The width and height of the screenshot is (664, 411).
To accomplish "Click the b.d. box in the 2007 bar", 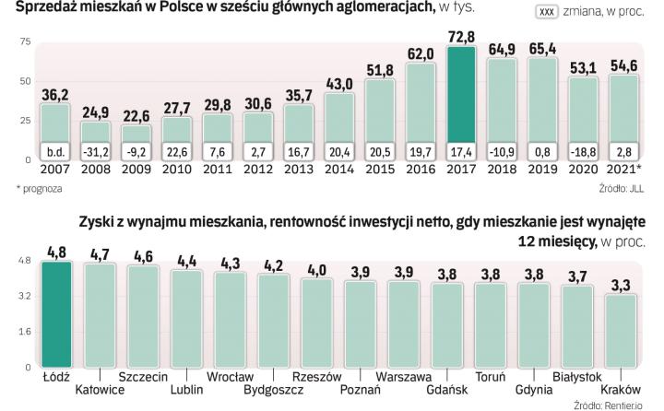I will pyautogui.click(x=55, y=152).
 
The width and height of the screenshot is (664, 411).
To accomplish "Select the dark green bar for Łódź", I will pyautogui.click(x=56, y=313).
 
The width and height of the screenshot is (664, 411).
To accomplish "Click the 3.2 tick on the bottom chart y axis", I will pyautogui.click(x=23, y=297).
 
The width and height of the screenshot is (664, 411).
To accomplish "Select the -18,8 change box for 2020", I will pyautogui.click(x=587, y=152).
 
